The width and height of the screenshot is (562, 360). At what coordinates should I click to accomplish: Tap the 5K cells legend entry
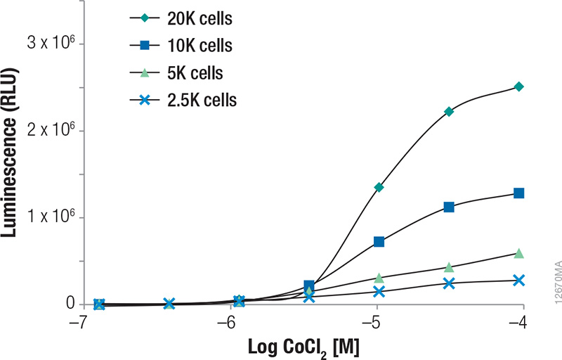coord(185,73)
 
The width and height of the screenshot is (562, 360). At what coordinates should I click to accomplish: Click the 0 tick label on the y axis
coord(70,304)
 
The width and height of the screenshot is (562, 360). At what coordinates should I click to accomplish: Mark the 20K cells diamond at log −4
coord(519,86)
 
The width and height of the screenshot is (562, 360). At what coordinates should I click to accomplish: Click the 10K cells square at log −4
coord(519,193)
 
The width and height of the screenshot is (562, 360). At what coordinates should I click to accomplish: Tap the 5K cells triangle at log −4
coord(519,253)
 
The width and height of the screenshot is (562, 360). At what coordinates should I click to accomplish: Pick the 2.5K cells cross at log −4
coord(519,281)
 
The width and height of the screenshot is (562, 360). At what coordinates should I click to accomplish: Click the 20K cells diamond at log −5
coord(379,187)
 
